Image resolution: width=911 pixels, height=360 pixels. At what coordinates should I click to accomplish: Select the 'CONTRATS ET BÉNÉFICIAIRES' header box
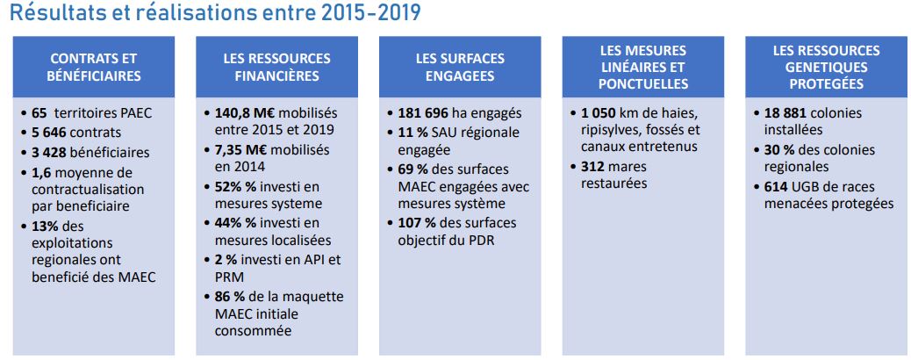(x=94, y=67)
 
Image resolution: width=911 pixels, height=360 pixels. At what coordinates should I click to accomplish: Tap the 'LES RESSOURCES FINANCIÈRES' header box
(x=276, y=67)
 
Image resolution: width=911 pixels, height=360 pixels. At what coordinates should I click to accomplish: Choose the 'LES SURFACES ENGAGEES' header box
(x=460, y=67)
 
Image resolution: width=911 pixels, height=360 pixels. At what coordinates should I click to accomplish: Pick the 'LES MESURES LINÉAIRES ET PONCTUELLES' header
(x=643, y=67)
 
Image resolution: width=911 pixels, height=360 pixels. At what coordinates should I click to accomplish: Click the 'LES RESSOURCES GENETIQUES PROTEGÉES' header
(x=827, y=67)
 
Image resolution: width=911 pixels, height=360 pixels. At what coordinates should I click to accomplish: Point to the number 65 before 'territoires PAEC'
(x=39, y=113)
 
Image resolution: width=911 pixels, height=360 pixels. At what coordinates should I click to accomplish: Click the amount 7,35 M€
(x=241, y=149)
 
